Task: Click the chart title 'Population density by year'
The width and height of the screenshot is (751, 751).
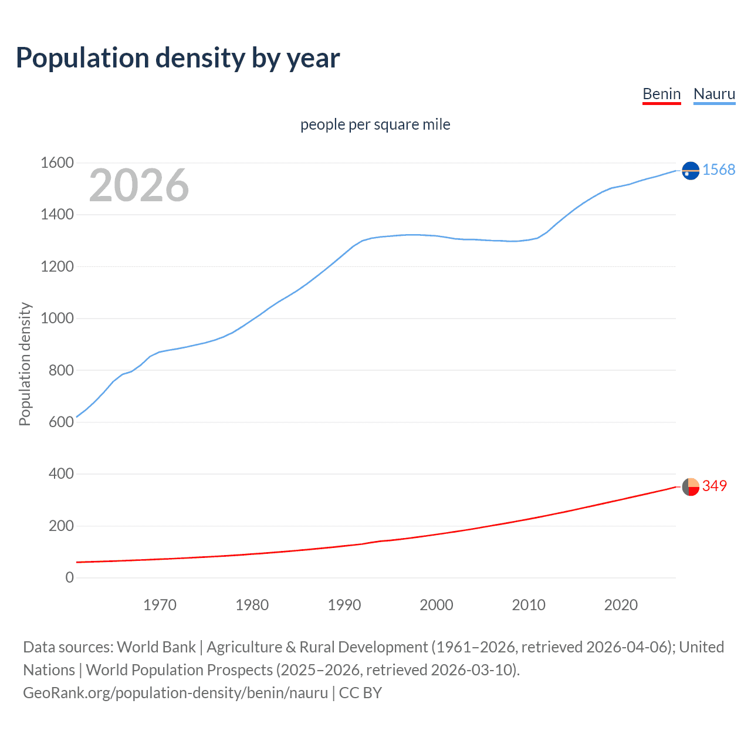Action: click(178, 57)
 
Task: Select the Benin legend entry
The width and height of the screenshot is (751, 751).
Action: click(661, 94)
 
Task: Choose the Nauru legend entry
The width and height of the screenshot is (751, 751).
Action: click(714, 94)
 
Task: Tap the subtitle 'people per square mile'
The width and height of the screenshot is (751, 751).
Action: click(375, 124)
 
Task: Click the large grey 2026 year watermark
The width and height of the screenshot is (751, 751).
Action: click(139, 185)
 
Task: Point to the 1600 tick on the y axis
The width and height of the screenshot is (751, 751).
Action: click(57, 163)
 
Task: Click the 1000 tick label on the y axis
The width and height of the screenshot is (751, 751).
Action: click(57, 318)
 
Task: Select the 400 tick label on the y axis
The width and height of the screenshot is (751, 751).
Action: click(61, 473)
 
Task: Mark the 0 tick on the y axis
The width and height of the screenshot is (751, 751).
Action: click(70, 577)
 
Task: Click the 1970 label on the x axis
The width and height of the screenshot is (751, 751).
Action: click(160, 605)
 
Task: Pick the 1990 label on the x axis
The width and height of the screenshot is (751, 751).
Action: click(344, 605)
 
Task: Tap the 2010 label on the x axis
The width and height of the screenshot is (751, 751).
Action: click(529, 605)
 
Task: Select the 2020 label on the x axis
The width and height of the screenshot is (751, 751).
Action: click(621, 605)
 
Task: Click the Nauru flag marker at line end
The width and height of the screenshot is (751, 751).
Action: click(691, 170)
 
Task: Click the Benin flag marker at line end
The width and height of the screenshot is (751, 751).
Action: click(691, 486)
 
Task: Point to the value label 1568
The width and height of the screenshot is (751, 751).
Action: click(719, 170)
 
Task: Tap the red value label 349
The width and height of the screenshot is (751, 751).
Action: click(715, 486)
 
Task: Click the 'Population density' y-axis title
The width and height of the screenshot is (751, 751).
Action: click(25, 364)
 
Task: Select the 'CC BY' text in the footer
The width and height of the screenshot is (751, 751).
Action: click(360, 693)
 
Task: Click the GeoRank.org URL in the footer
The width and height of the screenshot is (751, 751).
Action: click(175, 693)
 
